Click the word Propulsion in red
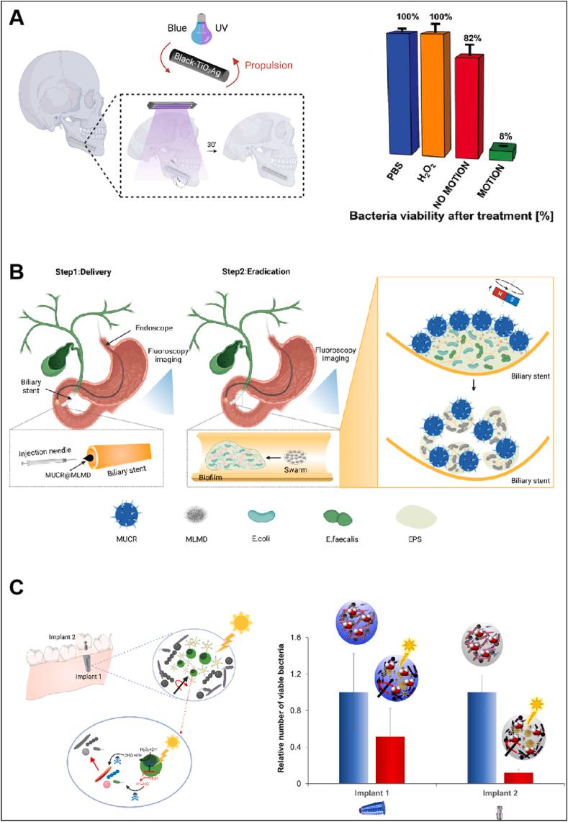268,65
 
